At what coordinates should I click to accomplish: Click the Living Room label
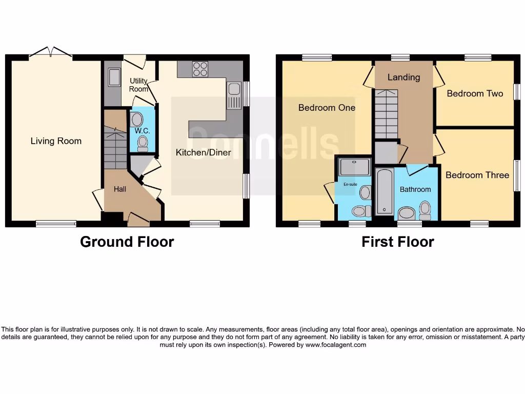56,141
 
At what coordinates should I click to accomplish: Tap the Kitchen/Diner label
203,152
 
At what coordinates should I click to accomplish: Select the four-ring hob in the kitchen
200,69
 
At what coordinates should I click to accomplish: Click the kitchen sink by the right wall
234,95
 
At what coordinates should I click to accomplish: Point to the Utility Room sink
113,77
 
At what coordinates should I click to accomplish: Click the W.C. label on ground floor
142,131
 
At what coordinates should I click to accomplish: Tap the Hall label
120,189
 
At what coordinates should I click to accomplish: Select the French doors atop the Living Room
50,53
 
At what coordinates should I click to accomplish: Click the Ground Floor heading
127,242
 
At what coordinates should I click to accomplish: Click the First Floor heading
397,242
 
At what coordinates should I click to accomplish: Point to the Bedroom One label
327,108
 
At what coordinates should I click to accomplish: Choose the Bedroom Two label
475,93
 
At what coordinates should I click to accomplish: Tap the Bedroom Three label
477,175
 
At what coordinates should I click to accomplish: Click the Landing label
403,77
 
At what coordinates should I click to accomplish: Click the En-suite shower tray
354,167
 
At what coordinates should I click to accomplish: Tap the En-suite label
350,184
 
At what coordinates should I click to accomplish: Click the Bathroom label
415,189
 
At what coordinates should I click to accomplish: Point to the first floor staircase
386,114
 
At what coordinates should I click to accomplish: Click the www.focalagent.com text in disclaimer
336,345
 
